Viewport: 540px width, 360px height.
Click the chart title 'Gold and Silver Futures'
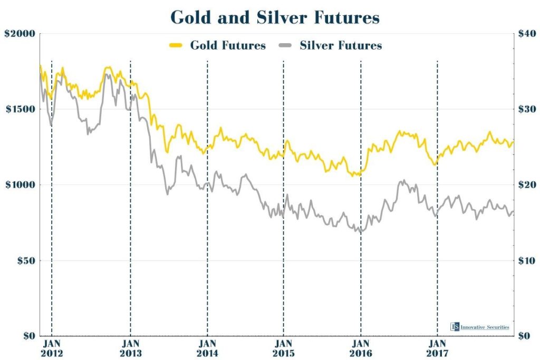pos(275,17)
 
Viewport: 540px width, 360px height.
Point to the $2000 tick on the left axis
pos(20,33)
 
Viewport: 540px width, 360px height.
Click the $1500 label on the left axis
pos(20,109)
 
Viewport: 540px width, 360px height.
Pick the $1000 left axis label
pos(20,185)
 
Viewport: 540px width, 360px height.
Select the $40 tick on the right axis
pos(526,33)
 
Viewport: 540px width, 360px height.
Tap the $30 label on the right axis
pos(526,109)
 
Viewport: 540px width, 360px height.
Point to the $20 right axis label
pos(526,185)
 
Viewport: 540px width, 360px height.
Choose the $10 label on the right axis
pos(526,260)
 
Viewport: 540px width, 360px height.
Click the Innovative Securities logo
pos(480,327)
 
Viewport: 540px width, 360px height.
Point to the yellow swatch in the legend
pos(175,45)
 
